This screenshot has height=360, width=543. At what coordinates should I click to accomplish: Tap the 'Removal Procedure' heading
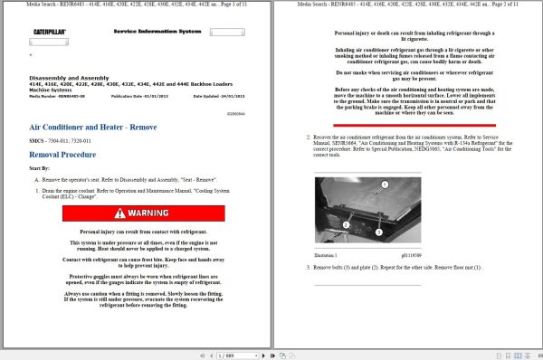pyautogui.click(x=62, y=155)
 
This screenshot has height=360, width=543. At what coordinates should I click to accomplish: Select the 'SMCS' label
pyautogui.click(x=38, y=143)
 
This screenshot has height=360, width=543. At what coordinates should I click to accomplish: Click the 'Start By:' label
pyautogui.click(x=39, y=168)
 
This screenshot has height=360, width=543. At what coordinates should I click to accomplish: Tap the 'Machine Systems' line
pyautogui.click(x=52, y=90)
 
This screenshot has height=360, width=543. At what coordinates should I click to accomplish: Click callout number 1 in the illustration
pyautogui.click(x=384, y=184)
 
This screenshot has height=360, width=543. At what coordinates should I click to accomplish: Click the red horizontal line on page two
pyautogui.click(x=408, y=24)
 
